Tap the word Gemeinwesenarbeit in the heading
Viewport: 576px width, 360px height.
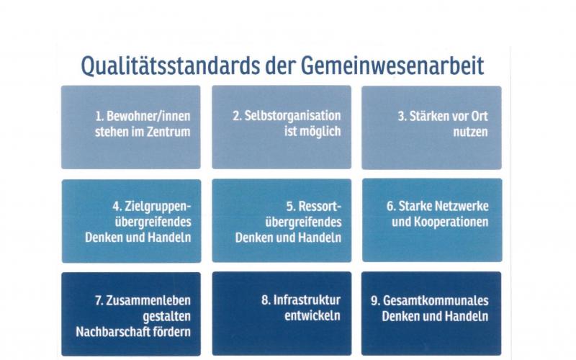tap(392, 66)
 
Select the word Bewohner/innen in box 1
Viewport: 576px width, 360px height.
tap(148, 116)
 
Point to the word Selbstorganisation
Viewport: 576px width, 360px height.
tap(293, 116)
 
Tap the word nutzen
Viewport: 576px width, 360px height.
tap(471, 132)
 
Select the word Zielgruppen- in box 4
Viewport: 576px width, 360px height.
tap(158, 207)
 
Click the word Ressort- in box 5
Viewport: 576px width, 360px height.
tap(320, 206)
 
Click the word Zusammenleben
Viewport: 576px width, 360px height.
tap(148, 300)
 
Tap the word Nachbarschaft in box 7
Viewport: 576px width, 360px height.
tap(113, 332)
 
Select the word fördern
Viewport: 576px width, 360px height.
tap(172, 332)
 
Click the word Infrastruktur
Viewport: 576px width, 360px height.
tap(307, 300)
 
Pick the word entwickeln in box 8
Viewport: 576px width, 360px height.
tap(312, 316)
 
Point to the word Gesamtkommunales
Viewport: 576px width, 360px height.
tap(436, 300)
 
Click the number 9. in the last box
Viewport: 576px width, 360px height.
tap(375, 301)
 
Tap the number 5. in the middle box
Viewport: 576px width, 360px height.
tap(291, 207)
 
